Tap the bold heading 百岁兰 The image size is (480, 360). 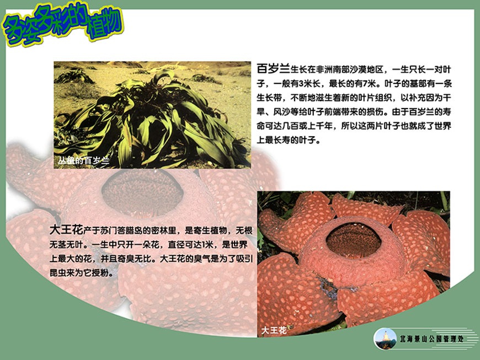pos(273,68)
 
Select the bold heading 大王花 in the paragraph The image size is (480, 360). pos(66,229)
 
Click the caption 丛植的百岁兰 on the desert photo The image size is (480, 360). pos(83,160)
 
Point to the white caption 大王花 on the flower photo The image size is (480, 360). pos(274,330)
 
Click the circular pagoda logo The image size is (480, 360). pos(385,339)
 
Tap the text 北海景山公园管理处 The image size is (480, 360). pos(431,339)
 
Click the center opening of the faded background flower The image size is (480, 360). pos(142,192)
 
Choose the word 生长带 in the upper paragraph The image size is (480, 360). pos(269,98)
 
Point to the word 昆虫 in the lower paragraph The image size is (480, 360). pos(58,272)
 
